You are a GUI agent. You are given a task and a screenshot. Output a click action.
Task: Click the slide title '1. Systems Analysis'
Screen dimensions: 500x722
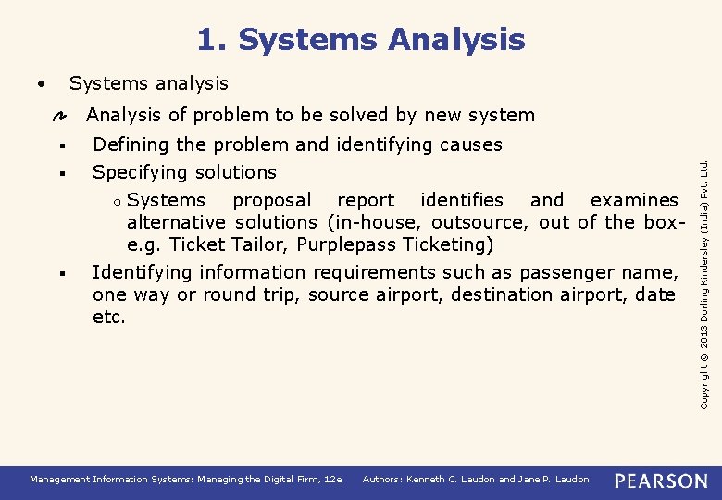360,40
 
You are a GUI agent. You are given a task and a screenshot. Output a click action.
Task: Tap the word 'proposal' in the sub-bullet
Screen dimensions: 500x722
272,200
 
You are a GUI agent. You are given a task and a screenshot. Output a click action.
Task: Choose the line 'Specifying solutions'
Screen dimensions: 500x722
184,172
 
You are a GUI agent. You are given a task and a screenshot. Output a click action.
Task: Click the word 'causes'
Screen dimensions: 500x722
471,144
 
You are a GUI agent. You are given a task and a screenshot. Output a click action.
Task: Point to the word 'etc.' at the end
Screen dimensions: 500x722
108,317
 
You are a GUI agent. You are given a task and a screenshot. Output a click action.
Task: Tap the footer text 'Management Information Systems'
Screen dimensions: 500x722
120,480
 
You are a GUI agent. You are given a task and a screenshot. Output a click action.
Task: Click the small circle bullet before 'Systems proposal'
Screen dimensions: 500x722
119,201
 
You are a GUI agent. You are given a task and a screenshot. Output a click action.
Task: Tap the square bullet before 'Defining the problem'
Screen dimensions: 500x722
58,145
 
